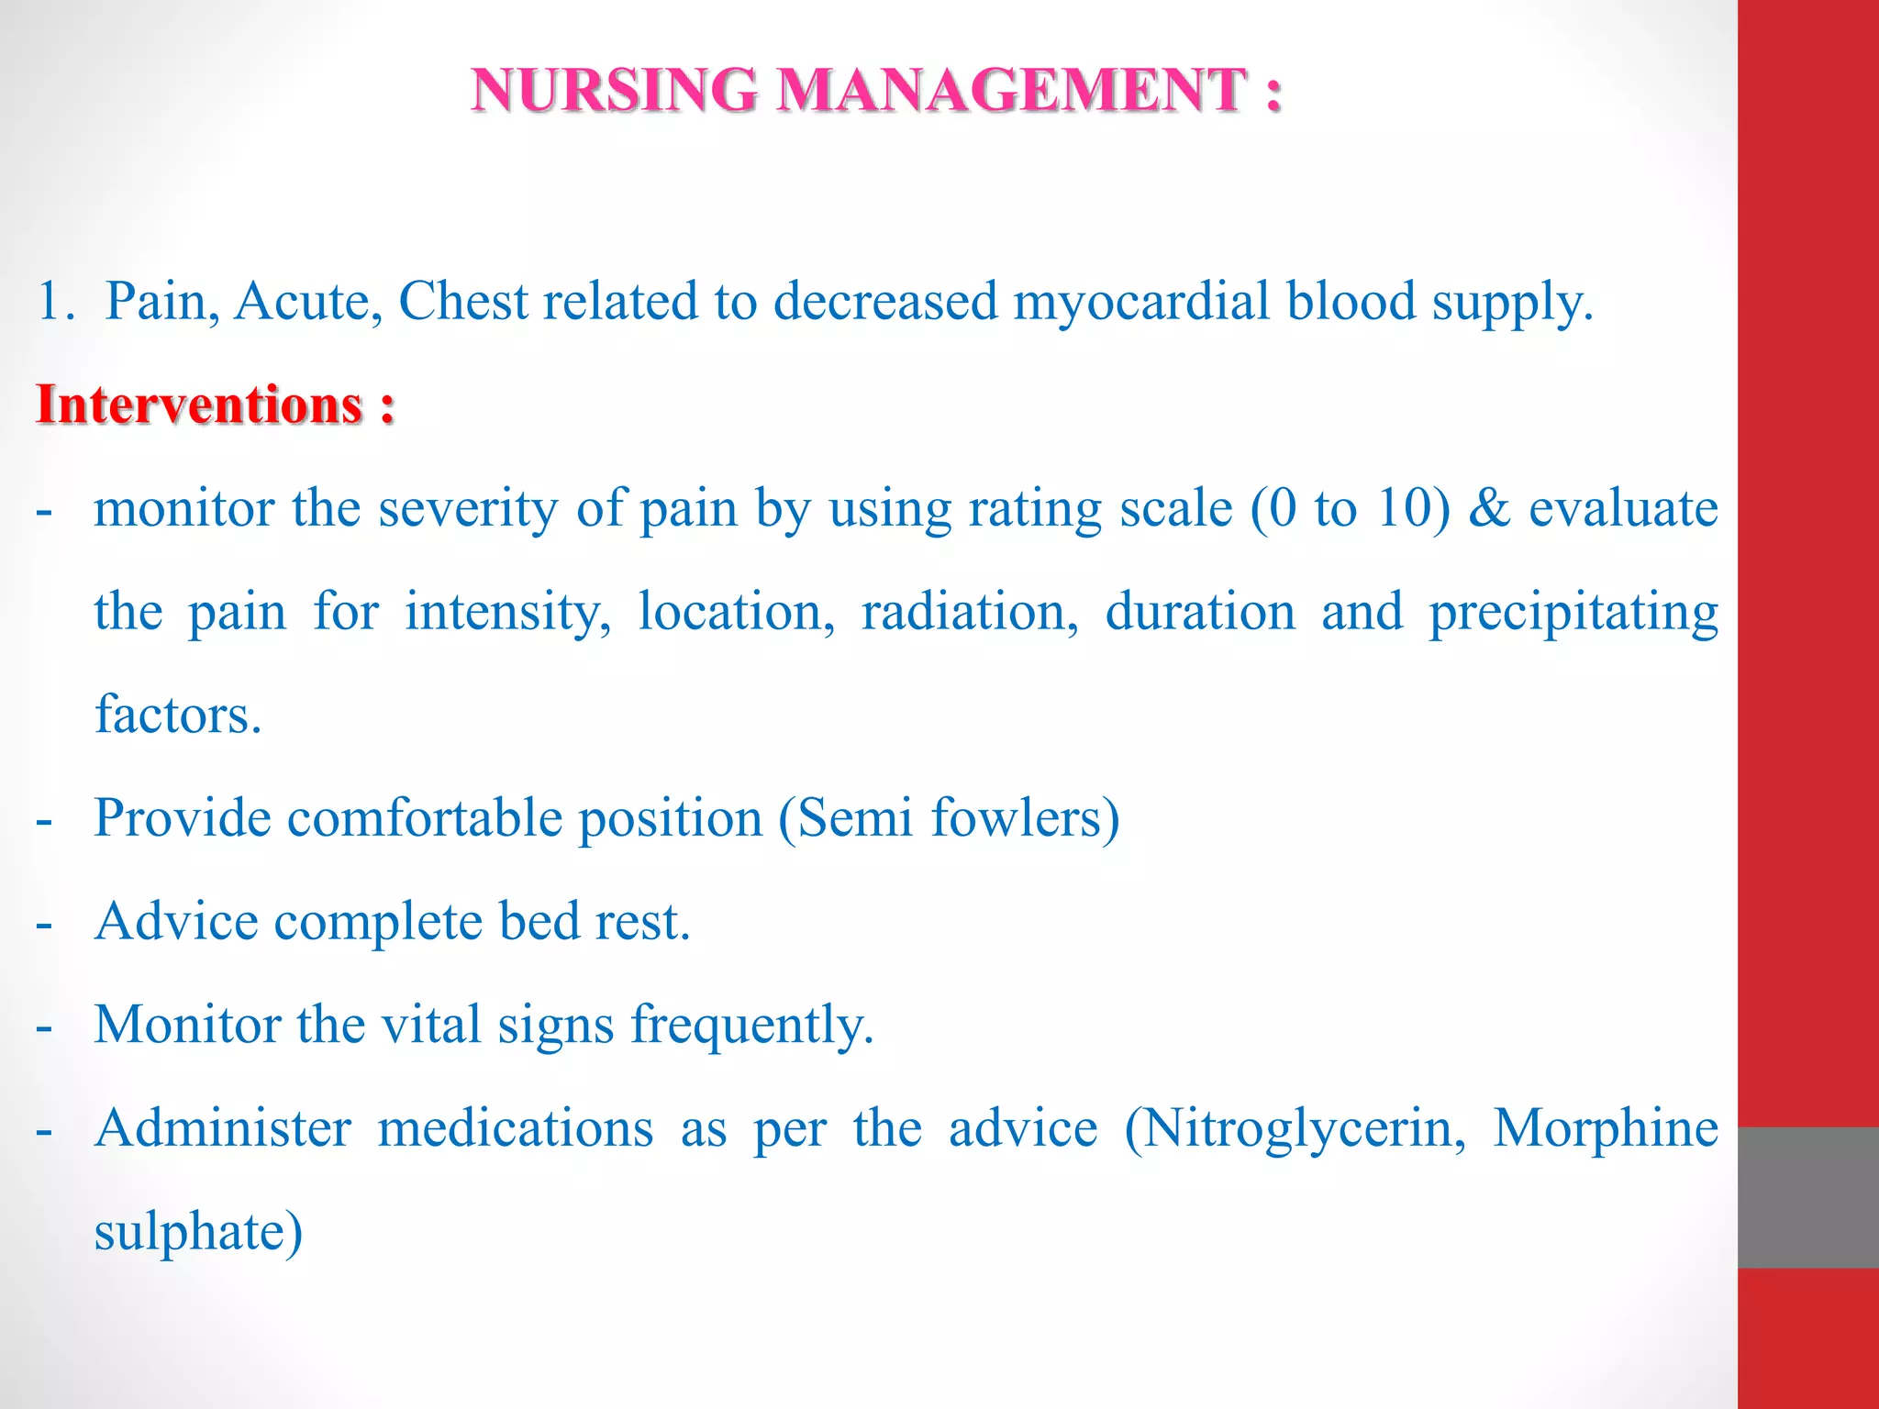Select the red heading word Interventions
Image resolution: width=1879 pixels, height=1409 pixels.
200,405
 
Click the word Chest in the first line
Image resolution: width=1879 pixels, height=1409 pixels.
463,301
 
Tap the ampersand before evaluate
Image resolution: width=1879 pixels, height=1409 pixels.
1489,508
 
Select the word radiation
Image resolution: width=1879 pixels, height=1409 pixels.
969,612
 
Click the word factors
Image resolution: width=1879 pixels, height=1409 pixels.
178,715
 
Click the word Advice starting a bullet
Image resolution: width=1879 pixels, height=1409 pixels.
176,921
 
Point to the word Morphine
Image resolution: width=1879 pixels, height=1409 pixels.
1606,1127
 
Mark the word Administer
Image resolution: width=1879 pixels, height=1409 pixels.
223,1127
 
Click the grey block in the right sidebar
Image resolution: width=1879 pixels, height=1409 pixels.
1807,1197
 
